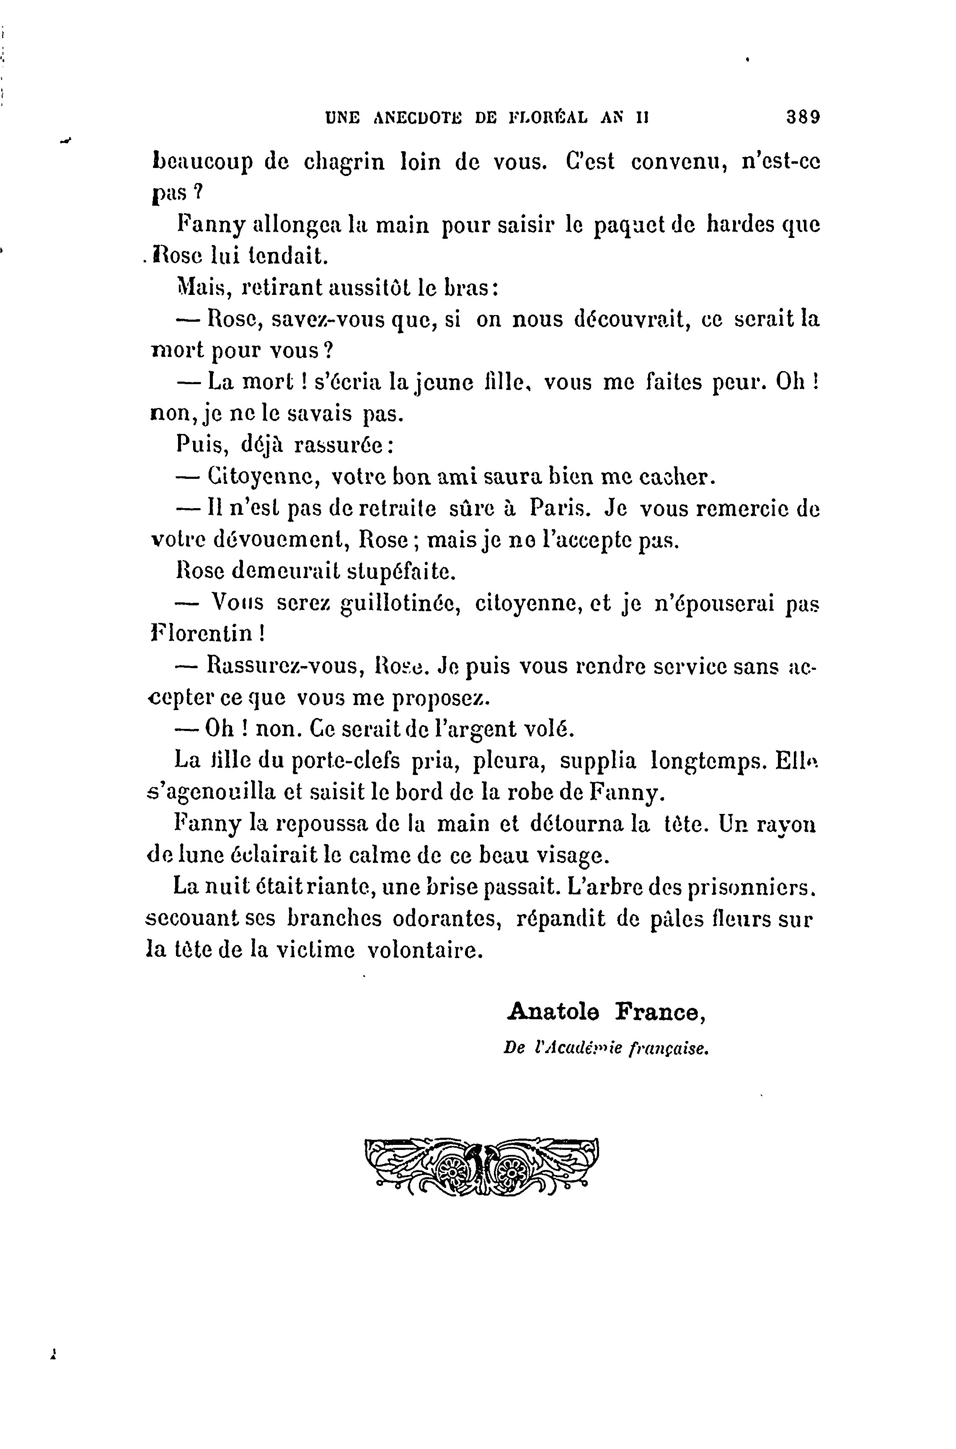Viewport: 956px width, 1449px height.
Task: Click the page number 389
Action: pos(803,116)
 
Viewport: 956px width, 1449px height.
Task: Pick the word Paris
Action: pos(558,508)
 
